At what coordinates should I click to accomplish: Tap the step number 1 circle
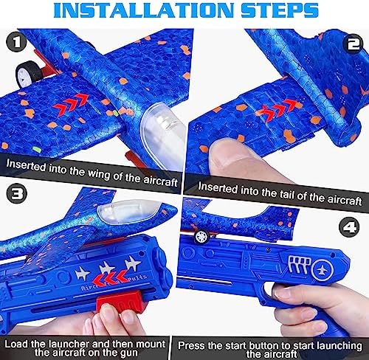tap(13, 42)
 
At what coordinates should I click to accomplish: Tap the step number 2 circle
tap(354, 42)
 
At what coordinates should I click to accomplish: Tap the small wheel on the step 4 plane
tap(199, 236)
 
